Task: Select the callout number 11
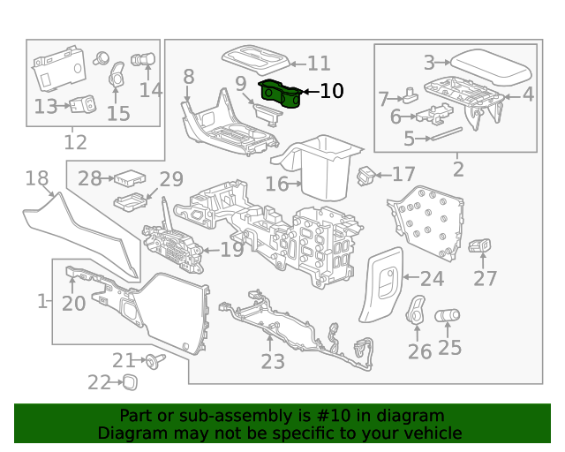(319, 64)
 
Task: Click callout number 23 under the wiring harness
(273, 362)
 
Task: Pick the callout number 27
(486, 279)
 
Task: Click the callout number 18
(36, 179)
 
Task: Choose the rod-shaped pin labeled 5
(448, 132)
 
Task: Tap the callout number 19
(232, 250)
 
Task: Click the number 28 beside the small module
(90, 178)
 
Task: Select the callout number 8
(188, 78)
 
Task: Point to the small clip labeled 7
(412, 93)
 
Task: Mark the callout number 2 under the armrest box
(458, 168)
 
